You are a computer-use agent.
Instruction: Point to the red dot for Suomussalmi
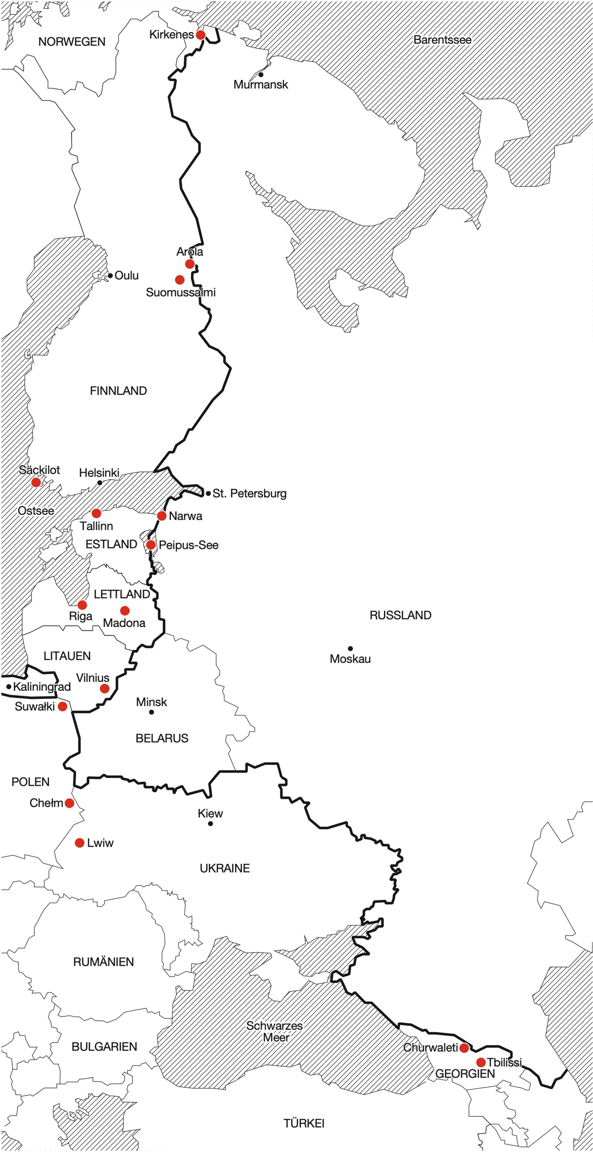[180, 280]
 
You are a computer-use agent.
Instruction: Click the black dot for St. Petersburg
[208, 493]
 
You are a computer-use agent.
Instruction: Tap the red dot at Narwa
[162, 516]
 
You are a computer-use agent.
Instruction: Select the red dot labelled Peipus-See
[151, 545]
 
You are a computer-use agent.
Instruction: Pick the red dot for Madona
[125, 610]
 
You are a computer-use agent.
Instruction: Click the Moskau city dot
[350, 649]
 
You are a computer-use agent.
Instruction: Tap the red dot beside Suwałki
[63, 707]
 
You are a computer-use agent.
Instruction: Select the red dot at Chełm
[69, 803]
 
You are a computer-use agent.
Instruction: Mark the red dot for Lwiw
[80, 843]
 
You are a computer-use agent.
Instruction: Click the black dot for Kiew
[210, 824]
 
